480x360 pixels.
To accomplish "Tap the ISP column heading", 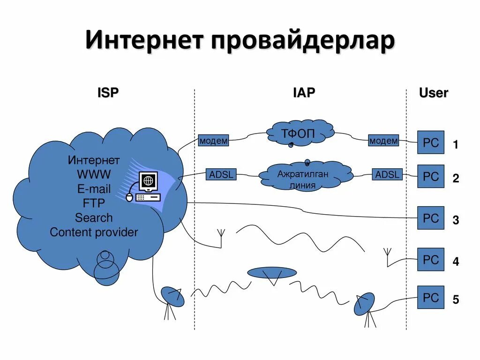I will pyautogui.click(x=108, y=93).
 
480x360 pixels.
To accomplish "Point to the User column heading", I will pyautogui.click(x=433, y=93).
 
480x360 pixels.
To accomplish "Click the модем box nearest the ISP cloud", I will pyautogui.click(x=213, y=141).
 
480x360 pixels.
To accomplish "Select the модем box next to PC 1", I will pyautogui.click(x=383, y=141).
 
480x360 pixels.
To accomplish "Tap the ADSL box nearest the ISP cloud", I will pyautogui.click(x=221, y=175).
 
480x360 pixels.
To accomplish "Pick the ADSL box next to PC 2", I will pyautogui.click(x=388, y=175).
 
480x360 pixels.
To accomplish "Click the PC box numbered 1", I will pyautogui.click(x=430, y=142).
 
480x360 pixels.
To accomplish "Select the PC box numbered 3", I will pyautogui.click(x=430, y=218).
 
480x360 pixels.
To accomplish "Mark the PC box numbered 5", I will pyautogui.click(x=430, y=297).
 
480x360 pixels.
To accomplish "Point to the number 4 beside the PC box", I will pyautogui.click(x=455, y=262).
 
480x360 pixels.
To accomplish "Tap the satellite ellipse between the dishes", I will pyautogui.click(x=272, y=272).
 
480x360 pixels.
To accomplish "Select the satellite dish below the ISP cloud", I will pyautogui.click(x=172, y=297).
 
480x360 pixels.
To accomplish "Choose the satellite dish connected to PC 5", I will pyautogui.click(x=364, y=303).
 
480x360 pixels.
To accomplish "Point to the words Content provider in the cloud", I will pyautogui.click(x=94, y=232).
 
